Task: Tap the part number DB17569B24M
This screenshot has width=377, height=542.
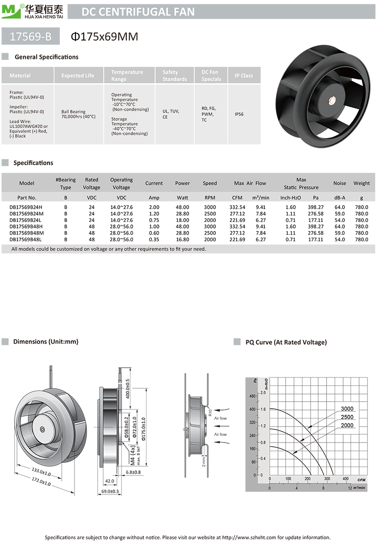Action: pyautogui.click(x=26, y=214)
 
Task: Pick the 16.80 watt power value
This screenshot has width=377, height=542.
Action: pyautogui.click(x=182, y=239)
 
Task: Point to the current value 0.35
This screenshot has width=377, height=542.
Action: pyautogui.click(x=154, y=239)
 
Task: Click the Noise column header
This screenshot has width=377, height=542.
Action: pyautogui.click(x=339, y=183)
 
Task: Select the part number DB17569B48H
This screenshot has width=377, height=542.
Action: pyautogui.click(x=26, y=227)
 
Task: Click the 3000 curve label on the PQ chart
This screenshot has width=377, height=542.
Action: pyautogui.click(x=347, y=409)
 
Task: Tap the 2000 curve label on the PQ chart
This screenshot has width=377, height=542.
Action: pyautogui.click(x=347, y=426)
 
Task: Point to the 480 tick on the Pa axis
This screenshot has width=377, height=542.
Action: pyautogui.click(x=252, y=396)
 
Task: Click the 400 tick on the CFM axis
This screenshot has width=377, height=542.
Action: pyautogui.click(x=345, y=479)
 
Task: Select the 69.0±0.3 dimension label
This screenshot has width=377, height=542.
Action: pyautogui.click(x=111, y=491)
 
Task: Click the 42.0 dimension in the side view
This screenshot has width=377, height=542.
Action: pyautogui.click(x=109, y=481)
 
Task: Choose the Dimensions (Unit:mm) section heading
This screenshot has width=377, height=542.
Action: pyautogui.click(x=46, y=342)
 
